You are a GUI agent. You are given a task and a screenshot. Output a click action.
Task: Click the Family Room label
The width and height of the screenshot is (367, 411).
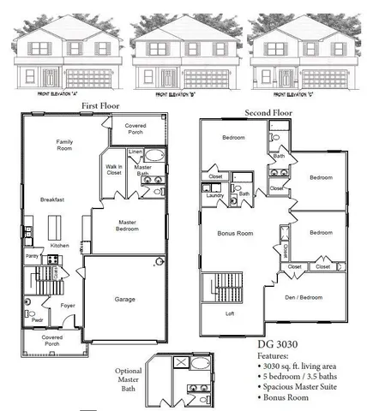click(63, 145)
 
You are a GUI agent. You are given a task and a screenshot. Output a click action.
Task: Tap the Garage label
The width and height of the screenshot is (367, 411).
click(124, 300)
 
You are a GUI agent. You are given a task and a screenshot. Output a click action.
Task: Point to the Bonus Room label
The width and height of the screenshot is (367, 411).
click(233, 233)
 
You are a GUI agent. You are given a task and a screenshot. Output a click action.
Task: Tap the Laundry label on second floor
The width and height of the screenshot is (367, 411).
click(214, 195)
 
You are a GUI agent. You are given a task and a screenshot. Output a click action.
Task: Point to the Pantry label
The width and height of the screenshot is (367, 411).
click(31, 256)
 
